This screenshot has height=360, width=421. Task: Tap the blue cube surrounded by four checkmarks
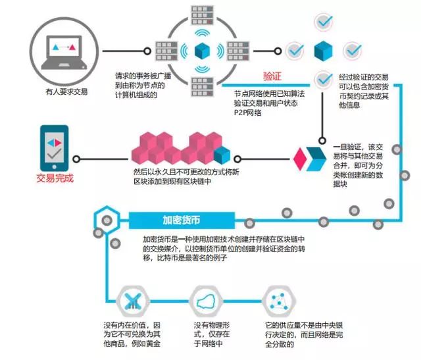coord(322,50)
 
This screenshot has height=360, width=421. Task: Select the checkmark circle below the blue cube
coord(323,79)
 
